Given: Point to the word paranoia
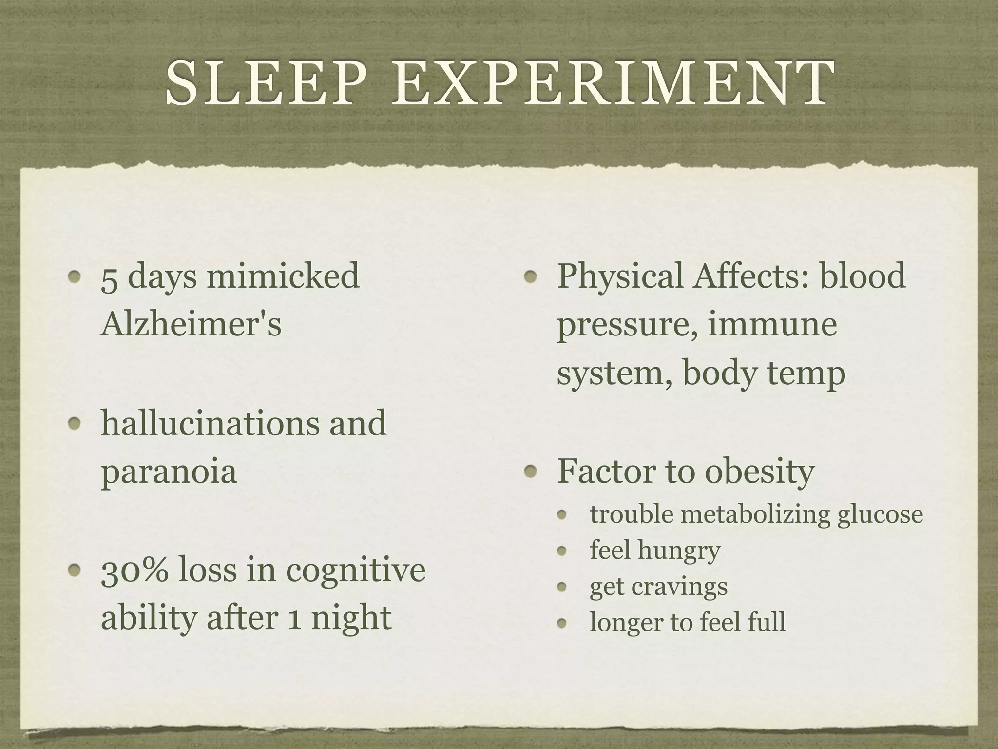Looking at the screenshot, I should tap(169, 472).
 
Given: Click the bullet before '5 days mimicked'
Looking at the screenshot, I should tap(75, 277).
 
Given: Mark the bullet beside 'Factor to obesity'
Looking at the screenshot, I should tap(532, 472).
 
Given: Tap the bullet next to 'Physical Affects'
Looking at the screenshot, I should tap(532, 277).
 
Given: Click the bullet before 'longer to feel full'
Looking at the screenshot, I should tap(563, 623).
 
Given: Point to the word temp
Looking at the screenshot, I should tap(807, 374).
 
